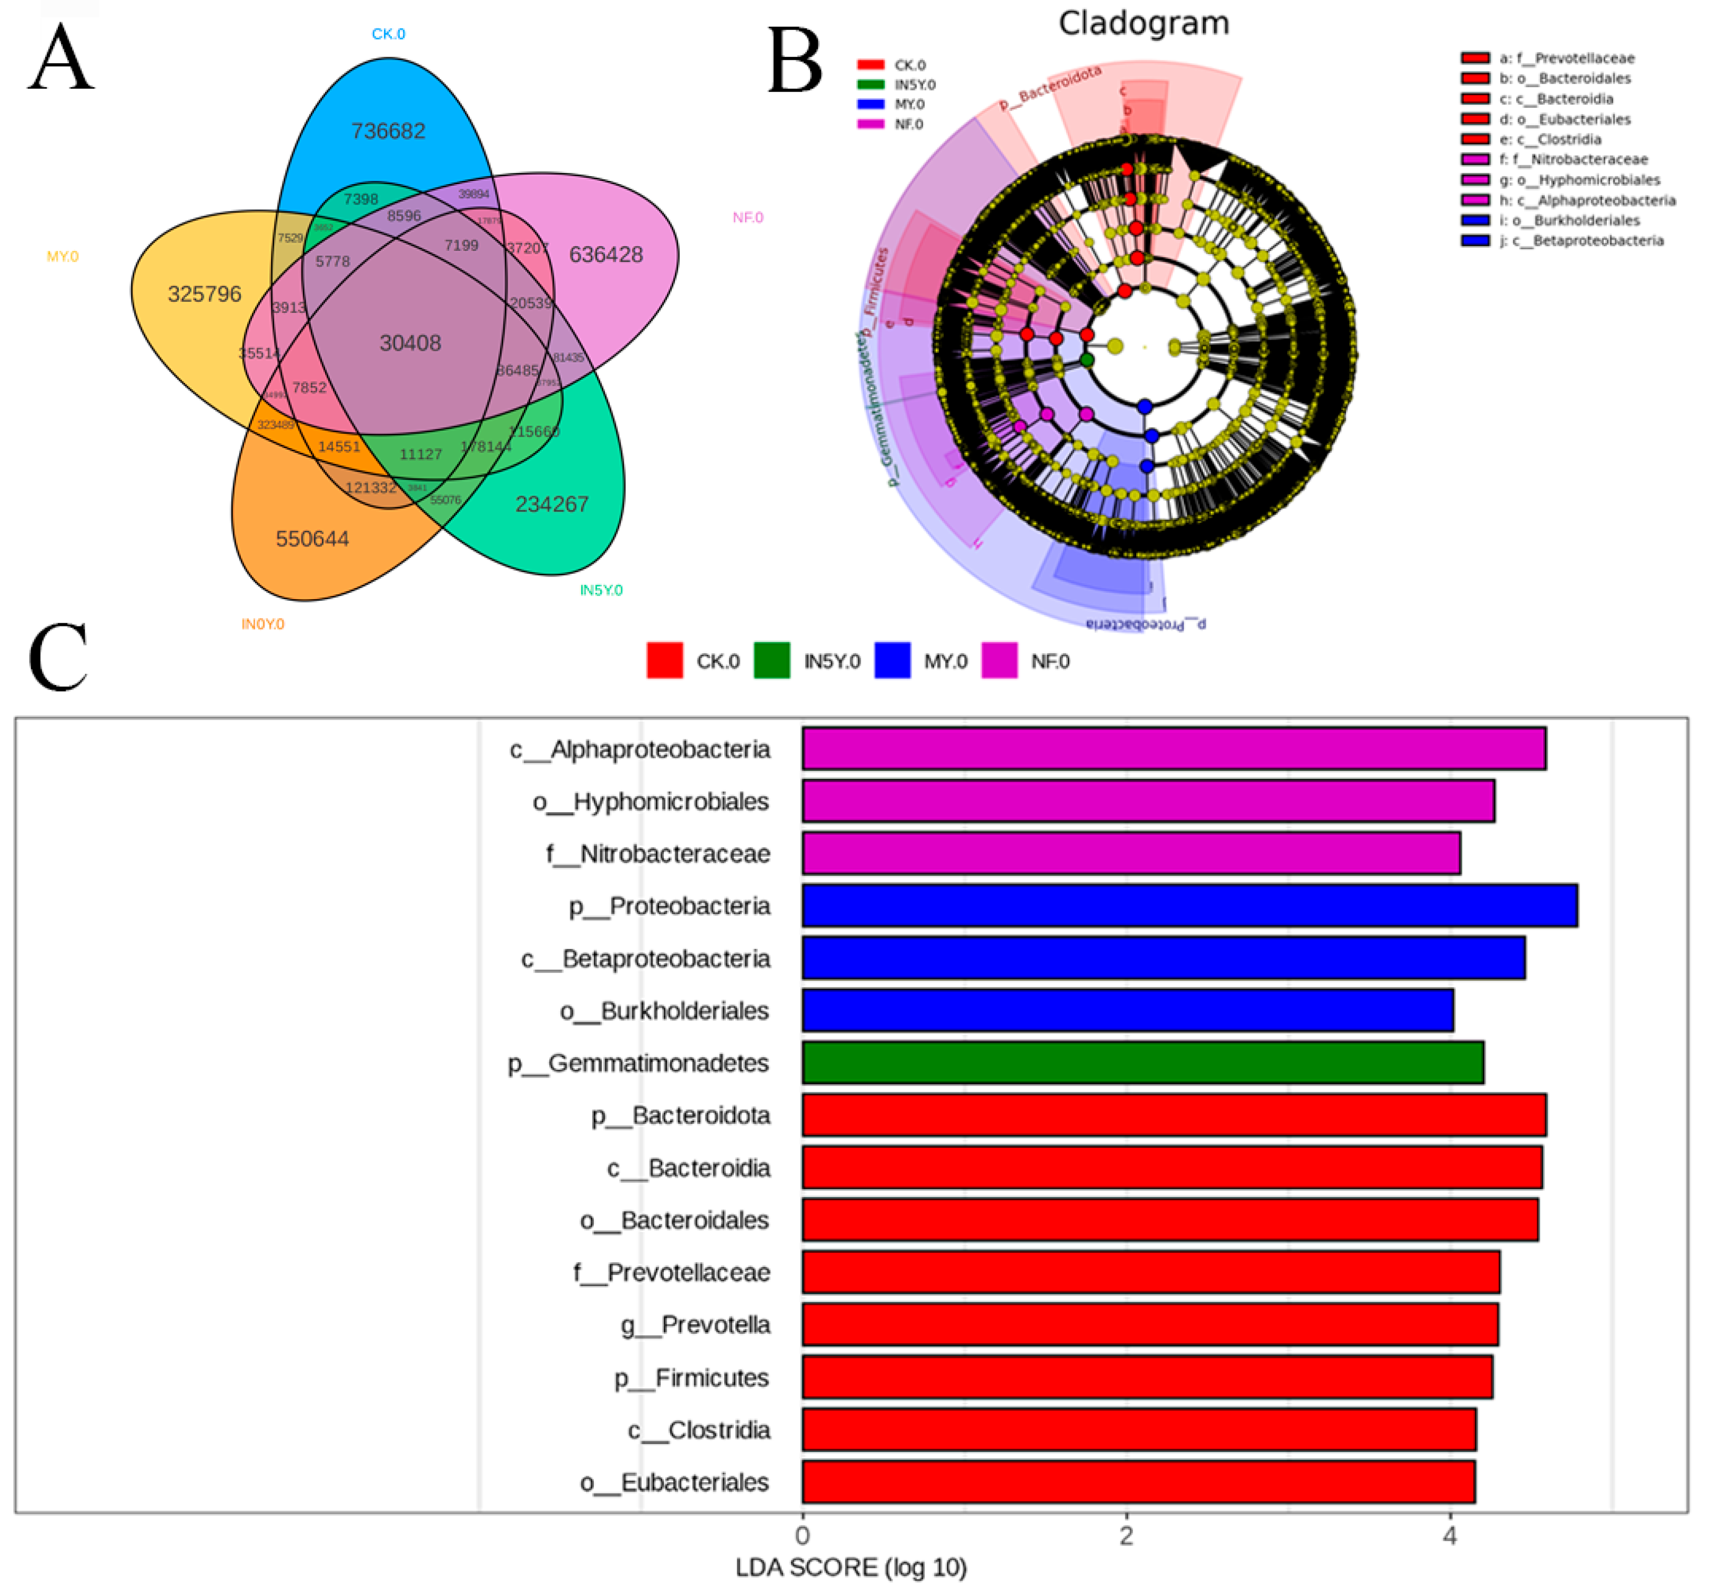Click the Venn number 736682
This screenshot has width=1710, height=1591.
(388, 131)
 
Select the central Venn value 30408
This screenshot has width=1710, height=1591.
(410, 343)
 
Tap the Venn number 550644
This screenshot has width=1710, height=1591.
(312, 539)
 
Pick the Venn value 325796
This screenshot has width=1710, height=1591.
(205, 294)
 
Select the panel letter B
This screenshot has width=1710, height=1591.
(795, 62)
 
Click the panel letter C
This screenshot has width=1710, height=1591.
(58, 658)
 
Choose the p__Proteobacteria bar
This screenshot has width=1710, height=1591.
(1190, 906)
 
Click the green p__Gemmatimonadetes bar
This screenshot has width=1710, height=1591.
(1142, 1063)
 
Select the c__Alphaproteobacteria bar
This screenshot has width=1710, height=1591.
(1173, 748)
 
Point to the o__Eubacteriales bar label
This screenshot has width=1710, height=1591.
(674, 1483)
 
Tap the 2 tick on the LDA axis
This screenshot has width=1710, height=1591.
(1126, 1536)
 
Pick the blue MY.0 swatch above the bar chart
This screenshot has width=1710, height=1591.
(892, 661)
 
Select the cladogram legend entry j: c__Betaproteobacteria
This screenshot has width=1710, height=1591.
(1580, 241)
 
